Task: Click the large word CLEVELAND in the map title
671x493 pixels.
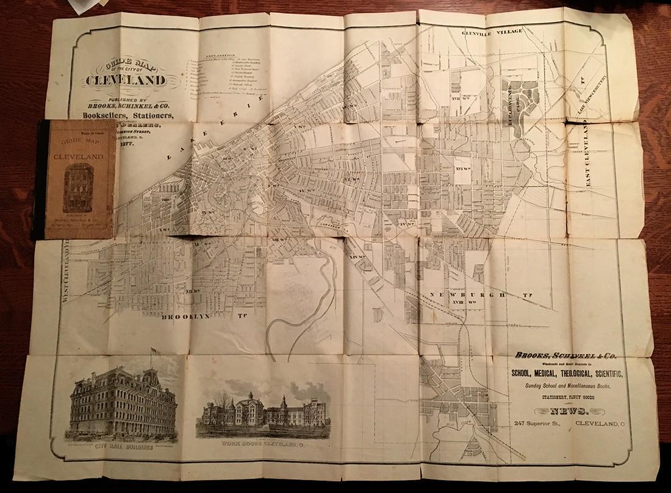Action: pyautogui.click(x=124, y=81)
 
